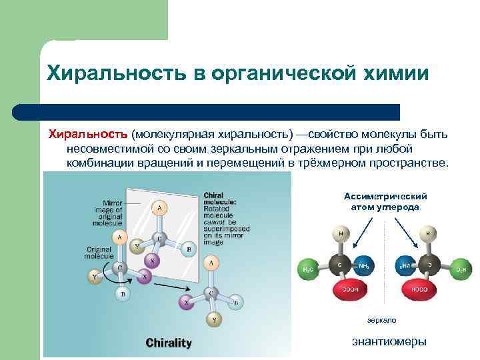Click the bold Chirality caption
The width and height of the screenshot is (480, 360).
pyautogui.click(x=169, y=343)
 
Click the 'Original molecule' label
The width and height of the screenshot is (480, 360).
pyautogui.click(x=99, y=253)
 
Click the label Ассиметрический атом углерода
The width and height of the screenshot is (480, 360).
pyautogui.click(x=385, y=202)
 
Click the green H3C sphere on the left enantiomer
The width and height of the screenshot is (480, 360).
pyautogui.click(x=308, y=268)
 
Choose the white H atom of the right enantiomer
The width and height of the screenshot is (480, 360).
pyautogui.click(x=427, y=235)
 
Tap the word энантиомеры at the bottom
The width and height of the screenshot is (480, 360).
pyautogui.click(x=389, y=342)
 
